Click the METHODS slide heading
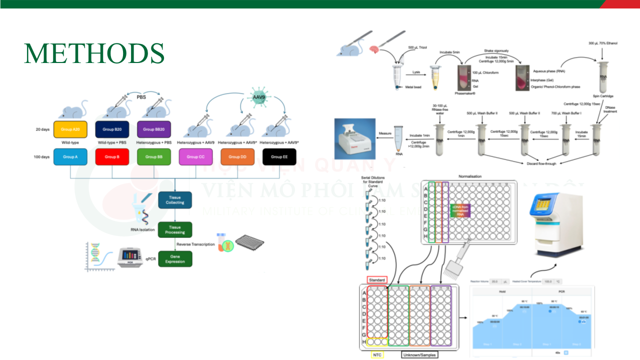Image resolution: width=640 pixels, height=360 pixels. pyautogui.click(x=94, y=53)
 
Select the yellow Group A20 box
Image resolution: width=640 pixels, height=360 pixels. pyautogui.click(x=70, y=129)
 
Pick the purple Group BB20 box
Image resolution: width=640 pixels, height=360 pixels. pyautogui.click(x=154, y=129)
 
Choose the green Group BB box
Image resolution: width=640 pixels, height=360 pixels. pyautogui.click(x=154, y=156)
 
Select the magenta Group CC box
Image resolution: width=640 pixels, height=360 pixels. pyautogui.click(x=195, y=156)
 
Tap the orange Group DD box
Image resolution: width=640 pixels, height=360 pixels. pyautogui.click(x=237, y=156)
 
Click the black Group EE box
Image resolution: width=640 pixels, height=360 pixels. pyautogui.click(x=279, y=156)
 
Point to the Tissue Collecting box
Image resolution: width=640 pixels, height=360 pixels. pyautogui.click(x=175, y=200)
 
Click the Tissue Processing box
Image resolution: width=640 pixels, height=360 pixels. pyautogui.click(x=175, y=229)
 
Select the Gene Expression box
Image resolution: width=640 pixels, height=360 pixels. pyautogui.click(x=175, y=258)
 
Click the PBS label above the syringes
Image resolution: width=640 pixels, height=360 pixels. pyautogui.click(x=141, y=97)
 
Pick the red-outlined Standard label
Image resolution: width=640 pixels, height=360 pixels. pyautogui.click(x=377, y=280)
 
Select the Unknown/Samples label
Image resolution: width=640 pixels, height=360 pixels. pyautogui.click(x=419, y=354)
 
